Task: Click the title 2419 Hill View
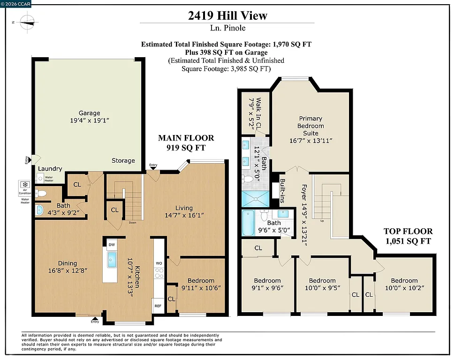point(227,15)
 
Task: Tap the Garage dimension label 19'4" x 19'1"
point(89,120)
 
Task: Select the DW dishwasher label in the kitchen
point(111,245)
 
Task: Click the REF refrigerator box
point(158,305)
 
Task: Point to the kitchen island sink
point(112,259)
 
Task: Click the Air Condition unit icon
point(25,187)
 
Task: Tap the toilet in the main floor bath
point(41,193)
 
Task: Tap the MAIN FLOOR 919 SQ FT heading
point(186,142)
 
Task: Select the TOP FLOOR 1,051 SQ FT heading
point(408,236)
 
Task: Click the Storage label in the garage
point(123,160)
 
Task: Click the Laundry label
point(50,169)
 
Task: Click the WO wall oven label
point(159,263)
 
